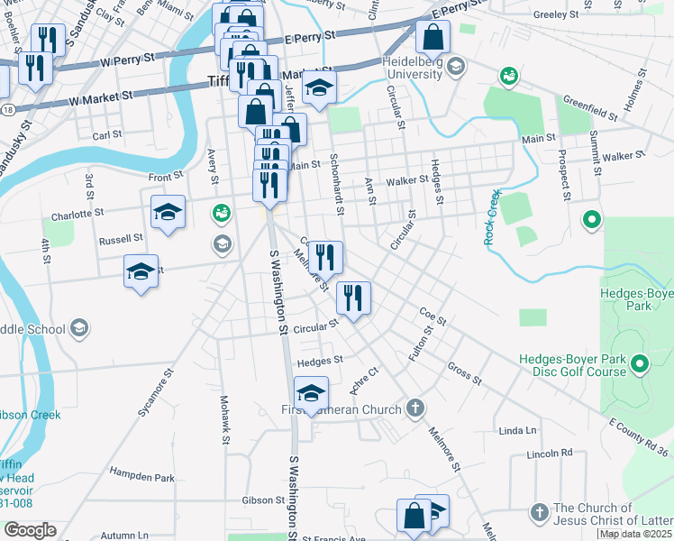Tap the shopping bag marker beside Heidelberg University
click(433, 38)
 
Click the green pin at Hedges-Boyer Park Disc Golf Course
click(640, 364)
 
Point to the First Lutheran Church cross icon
click(414, 409)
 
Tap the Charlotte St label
click(77, 215)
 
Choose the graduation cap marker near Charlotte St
click(168, 213)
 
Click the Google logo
click(30, 530)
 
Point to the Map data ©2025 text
click(636, 534)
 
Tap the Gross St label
click(465, 373)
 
